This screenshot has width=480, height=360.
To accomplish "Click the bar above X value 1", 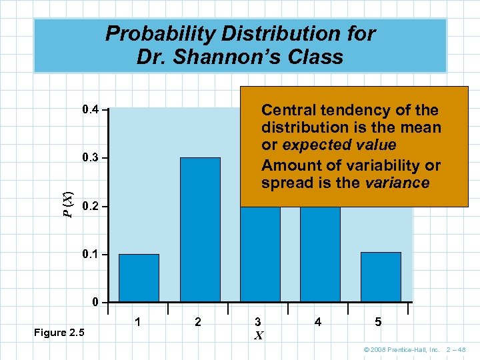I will (x=139, y=277).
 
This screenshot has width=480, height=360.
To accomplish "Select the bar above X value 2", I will (x=200, y=229).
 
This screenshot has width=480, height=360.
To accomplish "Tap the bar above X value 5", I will (x=381, y=277).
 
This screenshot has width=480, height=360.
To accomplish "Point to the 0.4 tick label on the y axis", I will (x=89, y=109).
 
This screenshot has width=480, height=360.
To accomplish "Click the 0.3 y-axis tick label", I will (x=89, y=158).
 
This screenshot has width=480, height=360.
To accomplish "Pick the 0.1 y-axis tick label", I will (x=89, y=255).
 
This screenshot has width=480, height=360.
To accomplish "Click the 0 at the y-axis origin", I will (x=96, y=303).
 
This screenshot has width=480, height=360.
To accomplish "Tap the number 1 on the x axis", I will (x=137, y=322).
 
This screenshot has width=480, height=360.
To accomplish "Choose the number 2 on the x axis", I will (x=198, y=322).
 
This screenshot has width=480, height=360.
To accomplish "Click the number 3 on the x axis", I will (x=259, y=322).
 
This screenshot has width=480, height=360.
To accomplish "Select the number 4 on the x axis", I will (x=318, y=322).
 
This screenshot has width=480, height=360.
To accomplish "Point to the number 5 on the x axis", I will (x=378, y=322).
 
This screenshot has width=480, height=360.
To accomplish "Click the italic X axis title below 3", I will (x=259, y=336).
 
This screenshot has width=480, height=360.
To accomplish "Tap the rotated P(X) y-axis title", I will (x=67, y=203).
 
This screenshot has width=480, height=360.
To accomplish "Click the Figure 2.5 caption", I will (x=59, y=333).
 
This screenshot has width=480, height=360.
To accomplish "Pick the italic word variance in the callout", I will (x=397, y=183).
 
